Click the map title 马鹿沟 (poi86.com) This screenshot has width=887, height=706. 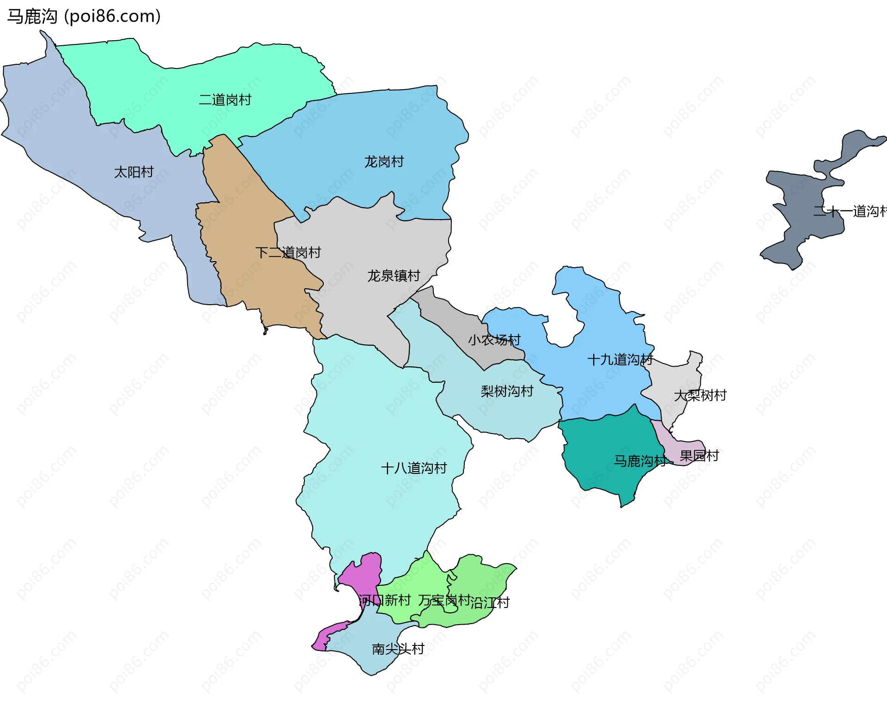84,16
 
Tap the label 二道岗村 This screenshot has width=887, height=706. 225,100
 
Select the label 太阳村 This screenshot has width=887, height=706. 134,172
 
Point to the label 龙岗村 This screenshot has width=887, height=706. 384,162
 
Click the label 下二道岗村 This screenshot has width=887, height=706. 288,252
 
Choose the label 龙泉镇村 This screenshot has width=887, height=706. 393,276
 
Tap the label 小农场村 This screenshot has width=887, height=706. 494,340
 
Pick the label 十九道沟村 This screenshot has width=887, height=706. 620,360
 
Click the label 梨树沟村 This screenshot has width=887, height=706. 507,392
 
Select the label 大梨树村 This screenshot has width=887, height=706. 700,395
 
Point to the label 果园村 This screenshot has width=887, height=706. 699,456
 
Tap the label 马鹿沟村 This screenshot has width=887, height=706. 640,461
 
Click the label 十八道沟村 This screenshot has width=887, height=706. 413,468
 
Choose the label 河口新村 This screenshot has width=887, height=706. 384,601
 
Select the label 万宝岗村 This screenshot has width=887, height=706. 444,601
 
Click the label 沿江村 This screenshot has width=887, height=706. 490,603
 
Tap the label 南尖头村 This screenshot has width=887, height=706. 398,649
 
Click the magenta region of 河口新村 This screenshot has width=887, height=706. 368,573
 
